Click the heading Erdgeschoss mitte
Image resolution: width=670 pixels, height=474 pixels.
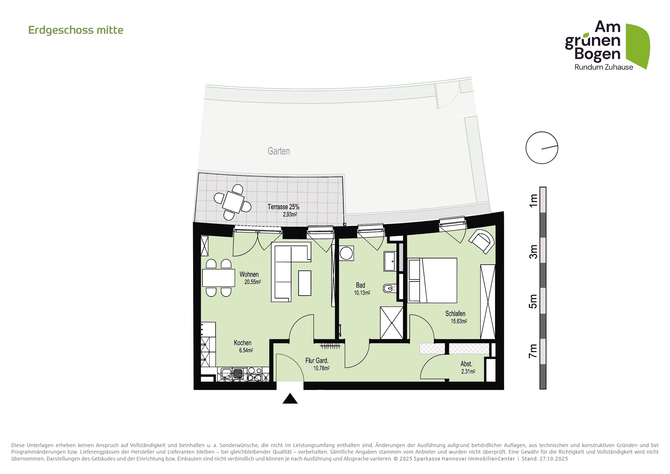(x=76, y=30)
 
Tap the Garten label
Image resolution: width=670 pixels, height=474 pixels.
(x=279, y=151)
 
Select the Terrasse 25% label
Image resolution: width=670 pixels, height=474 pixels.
(x=283, y=207)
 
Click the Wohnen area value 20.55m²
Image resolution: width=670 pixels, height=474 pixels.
(x=253, y=282)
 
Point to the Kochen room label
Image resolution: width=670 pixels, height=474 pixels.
(x=243, y=343)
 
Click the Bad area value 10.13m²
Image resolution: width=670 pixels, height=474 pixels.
(x=362, y=293)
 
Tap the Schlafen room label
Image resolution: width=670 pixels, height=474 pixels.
(x=455, y=314)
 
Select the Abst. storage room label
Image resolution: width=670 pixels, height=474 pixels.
(x=466, y=364)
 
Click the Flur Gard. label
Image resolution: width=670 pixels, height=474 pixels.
(x=317, y=361)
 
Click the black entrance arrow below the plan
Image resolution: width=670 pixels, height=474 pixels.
(x=290, y=399)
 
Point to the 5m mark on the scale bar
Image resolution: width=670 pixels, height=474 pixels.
(x=533, y=301)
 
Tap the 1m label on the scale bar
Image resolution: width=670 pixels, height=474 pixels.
(x=533, y=201)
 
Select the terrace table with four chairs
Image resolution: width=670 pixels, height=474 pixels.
(x=233, y=202)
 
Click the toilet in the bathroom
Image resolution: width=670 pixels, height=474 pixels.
(x=389, y=289)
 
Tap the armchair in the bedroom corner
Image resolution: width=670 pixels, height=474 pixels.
(x=482, y=241)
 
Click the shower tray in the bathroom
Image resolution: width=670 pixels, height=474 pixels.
(x=392, y=323)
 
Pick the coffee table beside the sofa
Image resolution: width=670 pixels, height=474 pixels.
(x=305, y=283)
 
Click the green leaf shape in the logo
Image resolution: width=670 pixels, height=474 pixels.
(x=638, y=46)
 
